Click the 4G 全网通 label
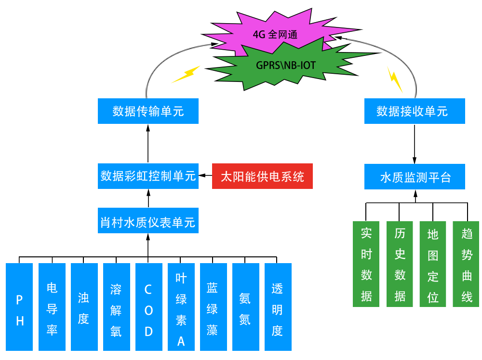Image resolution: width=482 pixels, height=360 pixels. point(275,35)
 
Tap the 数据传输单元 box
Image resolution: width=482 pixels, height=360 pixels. point(147,111)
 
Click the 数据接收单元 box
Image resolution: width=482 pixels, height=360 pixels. point(415,111)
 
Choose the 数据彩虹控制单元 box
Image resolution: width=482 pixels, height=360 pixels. point(147,176)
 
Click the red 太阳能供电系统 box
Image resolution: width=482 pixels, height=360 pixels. point(262,176)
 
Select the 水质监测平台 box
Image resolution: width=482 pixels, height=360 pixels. point(415,177)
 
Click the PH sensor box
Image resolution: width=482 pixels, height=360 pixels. point(20,307)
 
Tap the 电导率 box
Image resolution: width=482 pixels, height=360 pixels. point(52,307)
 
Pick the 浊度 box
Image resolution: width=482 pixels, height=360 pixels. point(84,307)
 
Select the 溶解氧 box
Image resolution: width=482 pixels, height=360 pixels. point(116,307)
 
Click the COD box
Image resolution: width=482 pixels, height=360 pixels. point(148,307)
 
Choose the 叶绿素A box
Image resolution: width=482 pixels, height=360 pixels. point(181,307)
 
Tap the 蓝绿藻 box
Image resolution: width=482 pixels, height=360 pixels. point(213,307)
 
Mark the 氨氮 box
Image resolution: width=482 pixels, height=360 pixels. point(245,307)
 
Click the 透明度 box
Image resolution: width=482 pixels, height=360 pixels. point(278,307)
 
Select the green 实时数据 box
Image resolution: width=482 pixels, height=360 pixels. point(366,264)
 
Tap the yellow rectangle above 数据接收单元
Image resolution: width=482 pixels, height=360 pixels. point(395,79)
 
